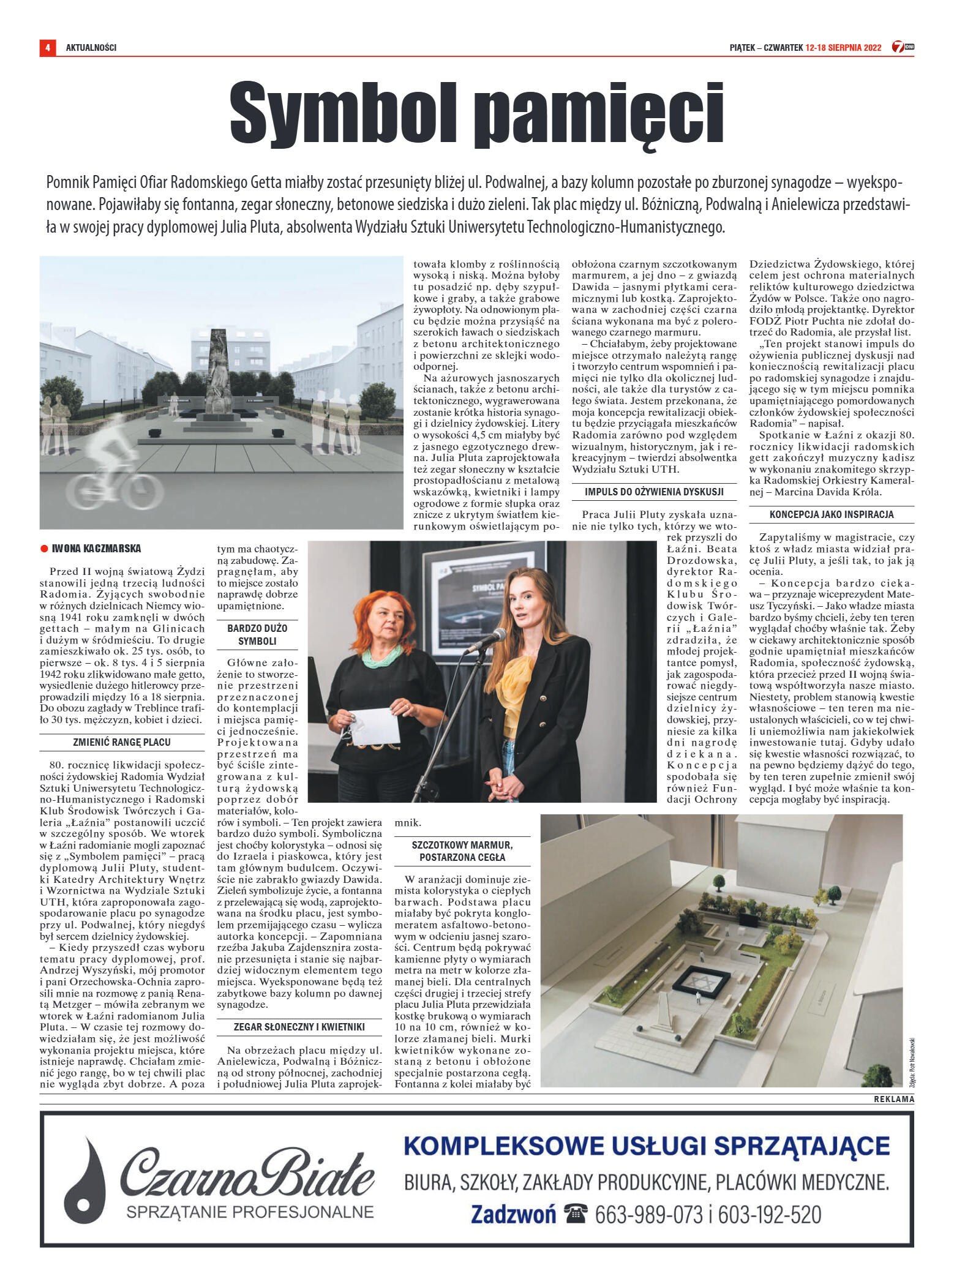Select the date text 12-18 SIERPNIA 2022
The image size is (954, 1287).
[x=843, y=48]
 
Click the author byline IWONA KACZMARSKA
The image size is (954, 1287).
[x=96, y=549]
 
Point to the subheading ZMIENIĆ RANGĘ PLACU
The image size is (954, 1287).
[x=122, y=742]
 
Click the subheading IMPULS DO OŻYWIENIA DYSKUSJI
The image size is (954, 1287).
[x=654, y=492]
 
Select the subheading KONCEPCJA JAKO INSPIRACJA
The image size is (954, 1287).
[x=832, y=514]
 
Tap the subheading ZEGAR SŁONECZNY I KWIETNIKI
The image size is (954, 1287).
[x=299, y=1027]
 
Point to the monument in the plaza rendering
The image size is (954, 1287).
[x=217, y=373]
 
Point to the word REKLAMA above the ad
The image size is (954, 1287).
[x=893, y=1098]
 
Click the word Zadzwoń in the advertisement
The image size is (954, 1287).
[x=513, y=1214]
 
